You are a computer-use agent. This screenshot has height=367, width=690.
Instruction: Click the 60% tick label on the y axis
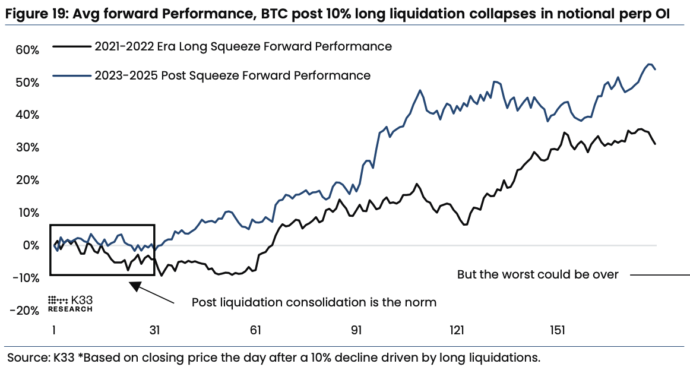[27, 50]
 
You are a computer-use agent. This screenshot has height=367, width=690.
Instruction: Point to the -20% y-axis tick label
[24, 311]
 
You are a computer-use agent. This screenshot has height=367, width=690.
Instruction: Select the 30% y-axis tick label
[27, 147]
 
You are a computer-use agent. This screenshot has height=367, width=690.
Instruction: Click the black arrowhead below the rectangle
[136, 286]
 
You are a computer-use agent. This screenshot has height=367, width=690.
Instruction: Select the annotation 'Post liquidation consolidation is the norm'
[314, 302]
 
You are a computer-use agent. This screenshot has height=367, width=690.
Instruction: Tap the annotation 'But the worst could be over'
[537, 274]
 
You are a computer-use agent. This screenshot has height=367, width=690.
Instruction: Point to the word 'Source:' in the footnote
[27, 357]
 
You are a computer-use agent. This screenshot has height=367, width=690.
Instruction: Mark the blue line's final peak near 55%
[649, 64]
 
